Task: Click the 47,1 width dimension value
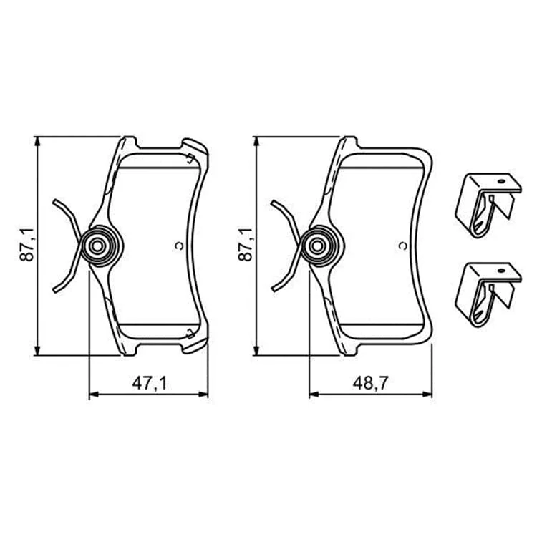point(150,383)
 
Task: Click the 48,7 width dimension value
point(370,383)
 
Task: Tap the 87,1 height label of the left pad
point(27,245)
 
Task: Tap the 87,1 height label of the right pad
point(245,245)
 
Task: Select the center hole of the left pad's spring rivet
point(97,246)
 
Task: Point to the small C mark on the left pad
point(179,245)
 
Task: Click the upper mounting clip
point(488,205)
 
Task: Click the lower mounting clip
point(488,294)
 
